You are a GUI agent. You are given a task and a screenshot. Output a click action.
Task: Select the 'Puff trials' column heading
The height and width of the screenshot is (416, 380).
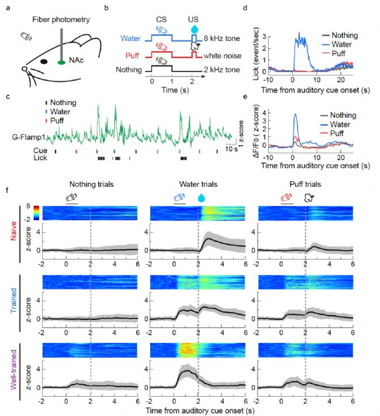click(304, 185)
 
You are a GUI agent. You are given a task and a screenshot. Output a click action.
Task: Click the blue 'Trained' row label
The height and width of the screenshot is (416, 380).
click(12, 301)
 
